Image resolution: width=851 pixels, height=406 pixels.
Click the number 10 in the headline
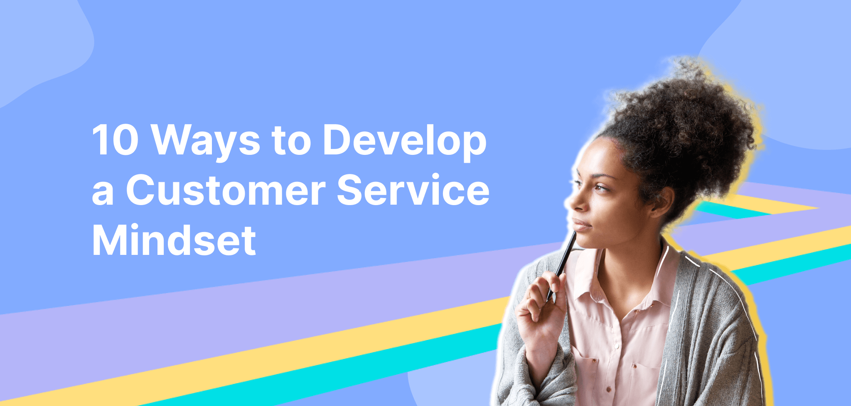[115, 140]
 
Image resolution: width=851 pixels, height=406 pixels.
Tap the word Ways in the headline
[206, 141]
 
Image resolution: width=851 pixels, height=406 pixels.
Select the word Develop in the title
[404, 141]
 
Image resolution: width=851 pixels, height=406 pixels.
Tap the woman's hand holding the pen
[540, 307]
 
